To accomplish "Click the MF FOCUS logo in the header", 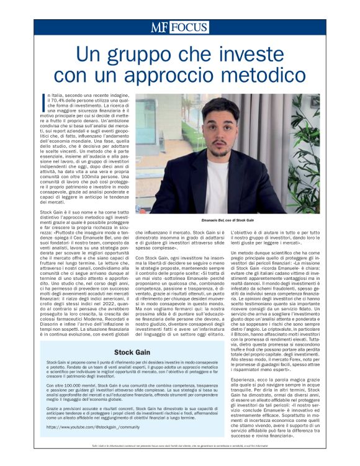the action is pyautogui.click(x=179, y=27).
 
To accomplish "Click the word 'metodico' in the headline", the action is pyautogui.click(x=255, y=74).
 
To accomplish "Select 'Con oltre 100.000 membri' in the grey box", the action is pyautogui.click(x=68, y=386).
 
